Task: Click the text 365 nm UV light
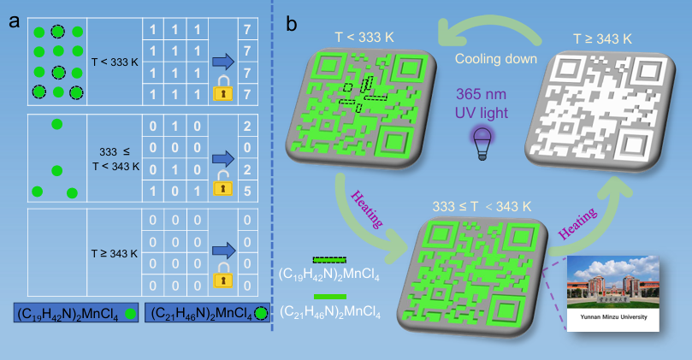click(x=481, y=100)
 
